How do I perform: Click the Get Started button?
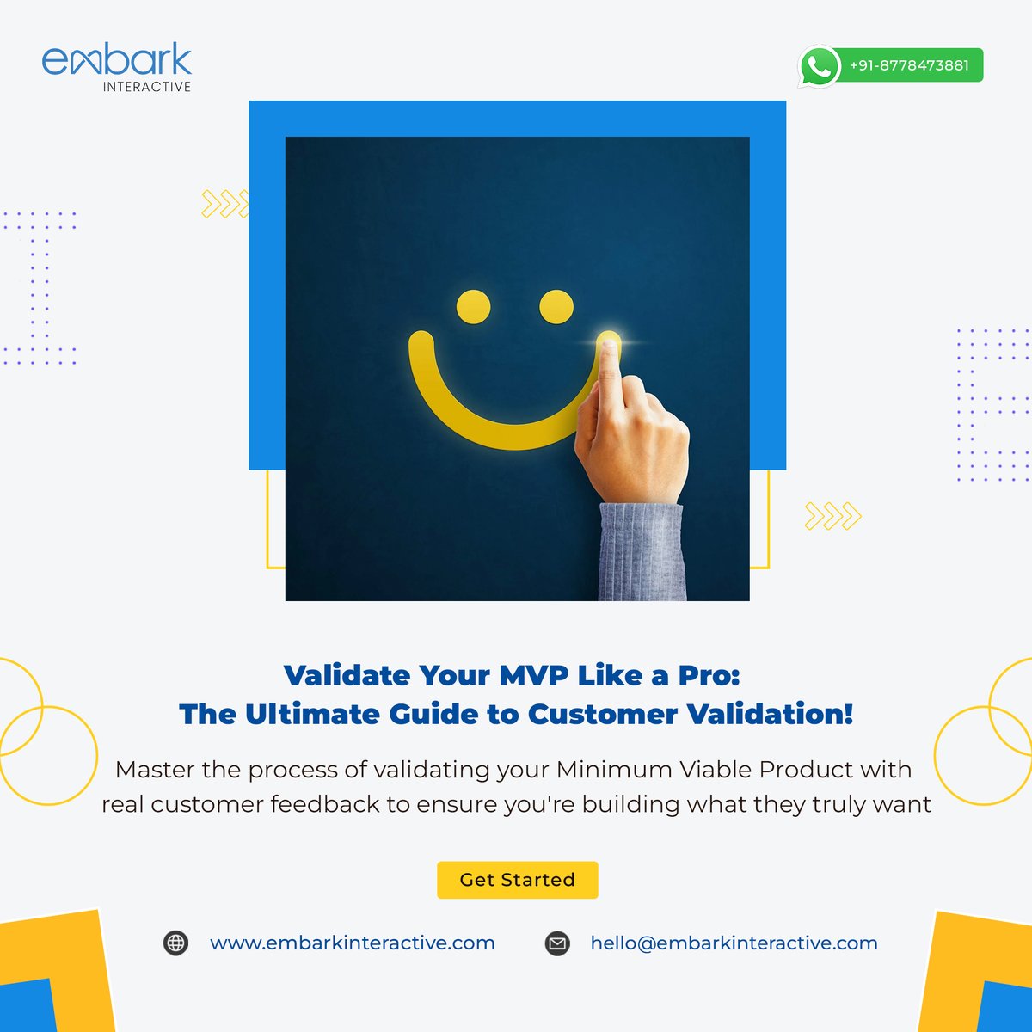click(517, 880)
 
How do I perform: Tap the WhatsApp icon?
click(819, 66)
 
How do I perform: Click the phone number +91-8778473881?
click(909, 65)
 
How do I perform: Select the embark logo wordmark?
click(117, 60)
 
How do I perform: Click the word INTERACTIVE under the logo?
click(147, 87)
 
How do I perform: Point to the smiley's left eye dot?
click(473, 307)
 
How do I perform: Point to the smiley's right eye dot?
click(556, 307)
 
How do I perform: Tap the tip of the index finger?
click(609, 347)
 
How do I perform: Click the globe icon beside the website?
click(175, 943)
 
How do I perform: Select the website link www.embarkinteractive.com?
click(353, 943)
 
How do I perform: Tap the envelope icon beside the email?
click(558, 943)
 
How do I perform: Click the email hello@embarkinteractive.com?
click(734, 943)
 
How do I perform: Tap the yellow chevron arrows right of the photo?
click(832, 516)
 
